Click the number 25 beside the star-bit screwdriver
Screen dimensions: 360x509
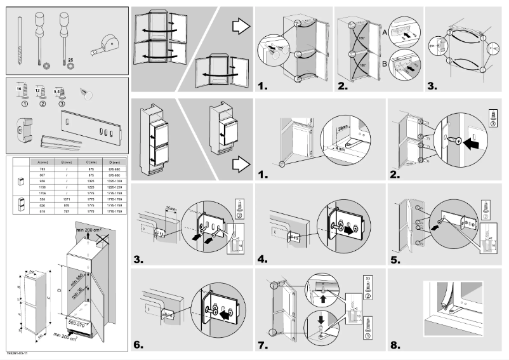point(70,60)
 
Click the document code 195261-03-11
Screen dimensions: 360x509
point(17,352)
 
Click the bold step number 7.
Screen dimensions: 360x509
point(262,345)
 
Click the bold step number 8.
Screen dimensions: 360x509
point(396,345)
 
